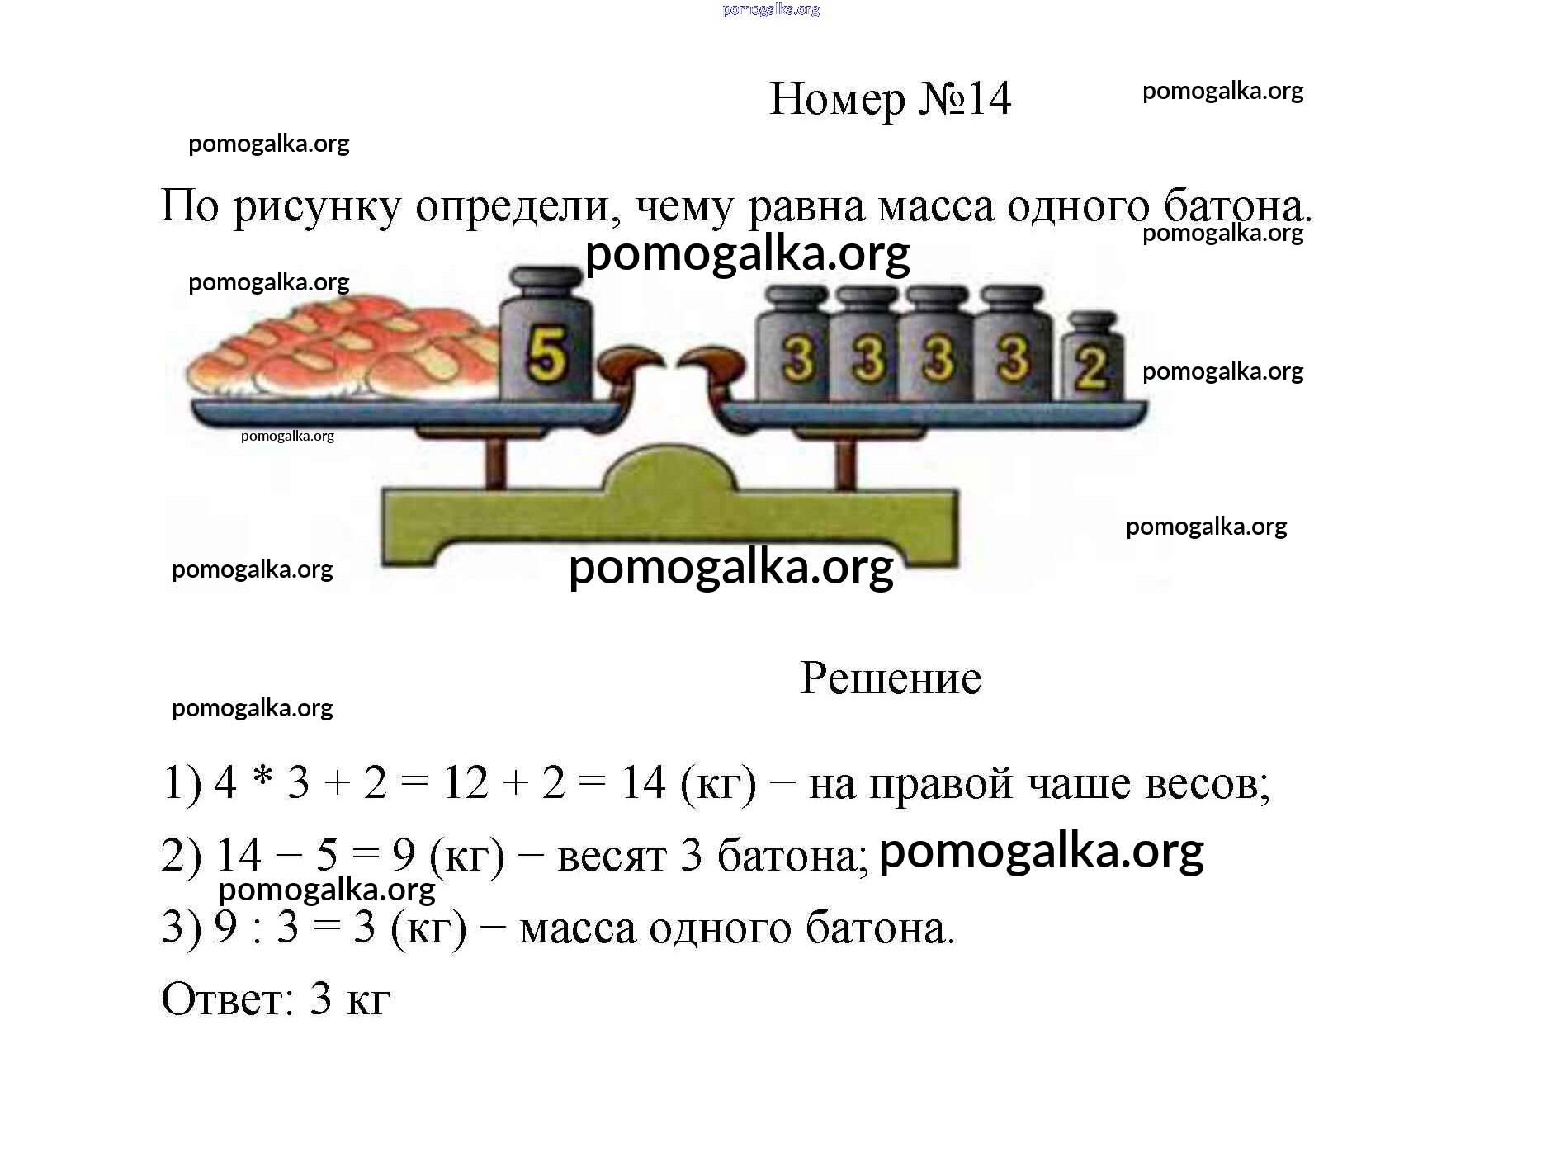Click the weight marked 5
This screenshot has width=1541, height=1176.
(x=546, y=334)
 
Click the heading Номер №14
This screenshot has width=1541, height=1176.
(x=890, y=99)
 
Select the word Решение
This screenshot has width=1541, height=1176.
(x=891, y=678)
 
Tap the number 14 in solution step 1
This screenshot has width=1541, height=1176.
(x=643, y=782)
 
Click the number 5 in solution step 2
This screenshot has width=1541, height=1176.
(x=327, y=855)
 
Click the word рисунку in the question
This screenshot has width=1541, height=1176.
(x=317, y=206)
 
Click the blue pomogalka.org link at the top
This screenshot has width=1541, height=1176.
(x=771, y=10)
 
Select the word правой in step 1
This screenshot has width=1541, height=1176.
(x=941, y=784)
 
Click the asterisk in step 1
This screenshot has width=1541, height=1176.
(x=262, y=777)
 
